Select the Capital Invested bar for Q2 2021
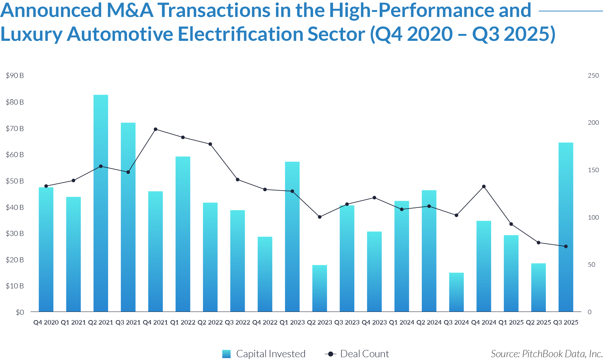(101, 204)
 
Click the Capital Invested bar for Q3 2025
(566, 226)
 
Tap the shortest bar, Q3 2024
(456, 292)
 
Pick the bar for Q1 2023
(292, 236)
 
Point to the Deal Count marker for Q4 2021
(155, 129)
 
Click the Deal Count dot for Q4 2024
(484, 187)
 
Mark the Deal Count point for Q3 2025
(566, 246)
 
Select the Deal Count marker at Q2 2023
(320, 217)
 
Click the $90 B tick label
(15, 75)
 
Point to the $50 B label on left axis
(15, 181)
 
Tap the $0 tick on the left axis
(20, 312)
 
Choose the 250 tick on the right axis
(593, 75)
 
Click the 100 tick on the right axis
(593, 217)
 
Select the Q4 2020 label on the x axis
(46, 322)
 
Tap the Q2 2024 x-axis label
(429, 322)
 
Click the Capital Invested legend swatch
(226, 354)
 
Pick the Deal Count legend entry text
(365, 354)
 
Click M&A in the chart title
(130, 10)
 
